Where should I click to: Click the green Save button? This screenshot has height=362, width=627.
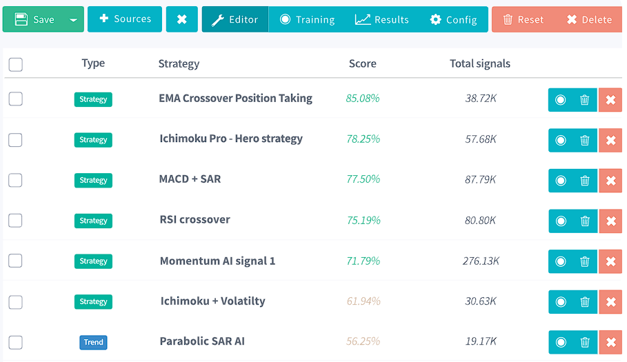coord(34,19)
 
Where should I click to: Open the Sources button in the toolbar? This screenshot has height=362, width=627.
coord(124,19)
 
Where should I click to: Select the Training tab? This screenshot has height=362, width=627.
coord(307,19)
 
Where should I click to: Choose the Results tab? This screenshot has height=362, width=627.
coord(382,19)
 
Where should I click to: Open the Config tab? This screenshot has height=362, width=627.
coord(453,19)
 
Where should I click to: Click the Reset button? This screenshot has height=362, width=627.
coord(523,19)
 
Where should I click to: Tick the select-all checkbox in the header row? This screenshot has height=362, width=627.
coord(15,65)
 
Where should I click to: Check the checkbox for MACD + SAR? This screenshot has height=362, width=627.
coord(15,180)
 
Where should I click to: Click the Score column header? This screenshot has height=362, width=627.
coord(362,63)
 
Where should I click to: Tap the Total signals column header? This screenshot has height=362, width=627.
coord(480,63)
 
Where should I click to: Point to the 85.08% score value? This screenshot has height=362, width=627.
coord(363,99)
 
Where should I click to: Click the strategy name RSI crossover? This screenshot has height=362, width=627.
coord(195,220)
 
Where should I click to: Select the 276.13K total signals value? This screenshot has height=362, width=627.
coord(481,261)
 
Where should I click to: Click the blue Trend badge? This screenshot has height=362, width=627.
coord(93,343)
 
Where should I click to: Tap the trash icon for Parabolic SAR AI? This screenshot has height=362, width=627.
coord(585,343)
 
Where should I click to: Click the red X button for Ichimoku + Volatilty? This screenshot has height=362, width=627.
coord(610,302)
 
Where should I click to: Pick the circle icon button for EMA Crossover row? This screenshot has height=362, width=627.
coord(560,100)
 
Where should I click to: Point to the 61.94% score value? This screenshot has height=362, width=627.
coord(363,301)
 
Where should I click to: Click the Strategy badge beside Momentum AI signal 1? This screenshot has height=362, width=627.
coord(93,261)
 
